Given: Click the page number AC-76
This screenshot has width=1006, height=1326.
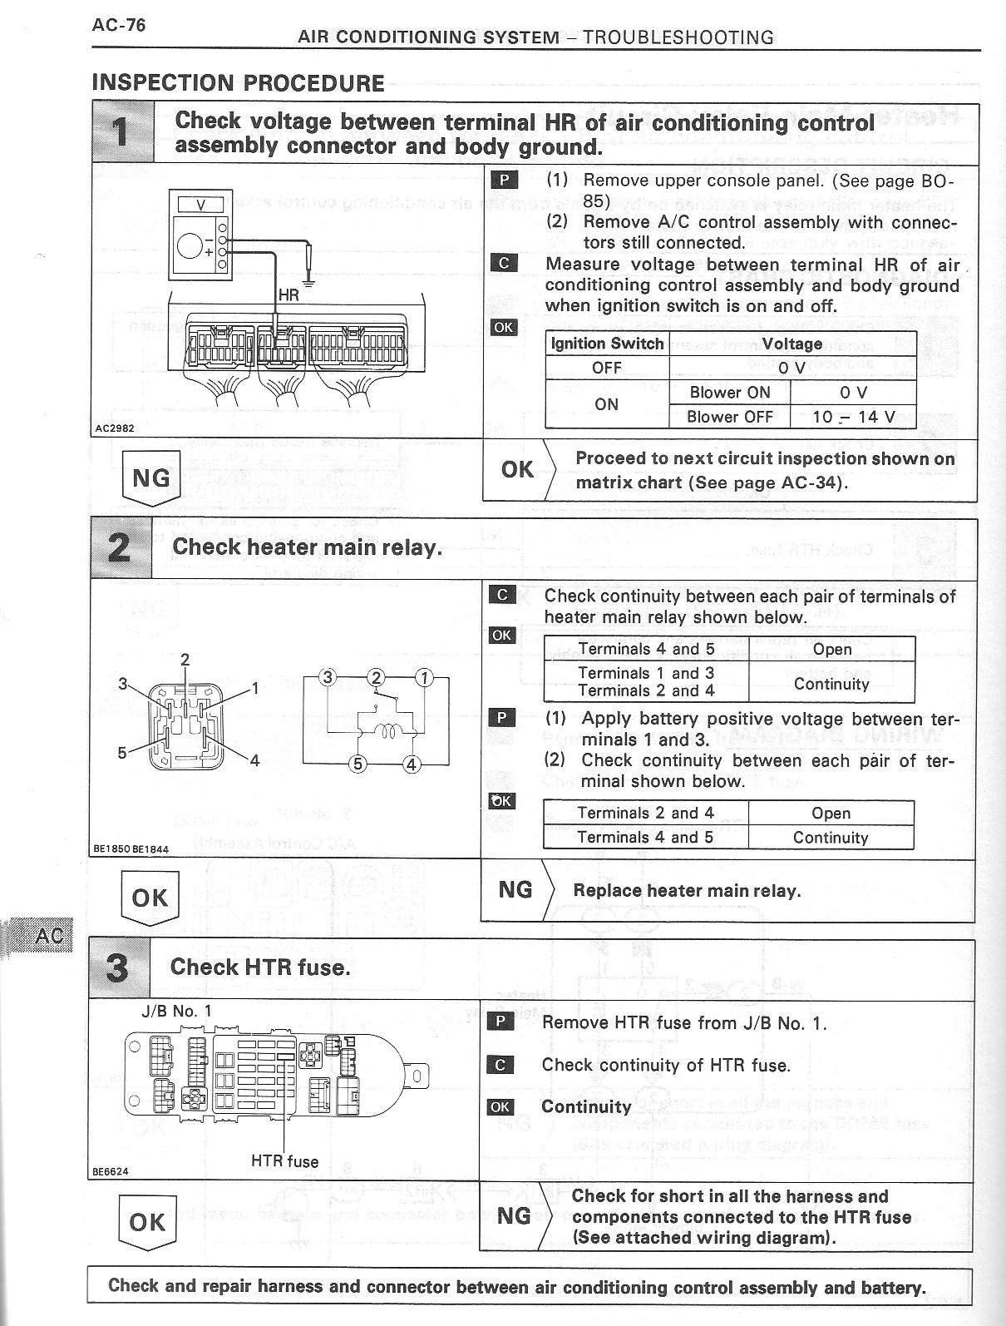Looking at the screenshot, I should tap(119, 25).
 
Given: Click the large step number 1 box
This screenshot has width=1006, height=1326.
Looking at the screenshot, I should tap(123, 131).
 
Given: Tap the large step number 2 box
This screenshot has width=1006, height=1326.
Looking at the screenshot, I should tap(121, 547).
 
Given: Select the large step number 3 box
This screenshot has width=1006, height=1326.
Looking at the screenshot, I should tap(119, 967).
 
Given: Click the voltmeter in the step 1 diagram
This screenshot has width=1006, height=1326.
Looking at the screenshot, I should tap(199, 235).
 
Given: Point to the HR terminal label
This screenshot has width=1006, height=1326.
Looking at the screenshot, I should tap(288, 295).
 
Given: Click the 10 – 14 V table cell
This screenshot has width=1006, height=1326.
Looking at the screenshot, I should tap(853, 417).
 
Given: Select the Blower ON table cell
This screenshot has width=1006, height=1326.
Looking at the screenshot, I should tap(729, 393).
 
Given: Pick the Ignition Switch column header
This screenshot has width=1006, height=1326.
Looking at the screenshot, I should tap(608, 344).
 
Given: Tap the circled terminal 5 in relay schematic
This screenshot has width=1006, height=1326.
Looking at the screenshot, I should tap(358, 764).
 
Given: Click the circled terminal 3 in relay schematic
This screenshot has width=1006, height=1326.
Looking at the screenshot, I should tap(328, 677).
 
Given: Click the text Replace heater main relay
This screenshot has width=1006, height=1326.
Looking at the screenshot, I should tap(687, 891).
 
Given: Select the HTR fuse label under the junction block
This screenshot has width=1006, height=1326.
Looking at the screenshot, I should tap(284, 1161).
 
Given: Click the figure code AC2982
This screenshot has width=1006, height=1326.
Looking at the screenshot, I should tap(114, 428).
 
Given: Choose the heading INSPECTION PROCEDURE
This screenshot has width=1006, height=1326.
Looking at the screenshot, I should tap(238, 83).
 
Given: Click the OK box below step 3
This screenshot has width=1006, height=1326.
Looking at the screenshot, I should tap(147, 1222).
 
